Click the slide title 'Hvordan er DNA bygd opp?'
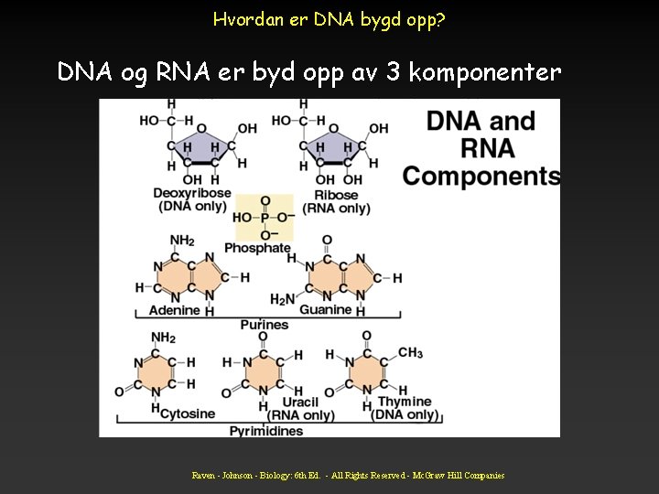tap(329, 18)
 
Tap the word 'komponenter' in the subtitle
tap(484, 71)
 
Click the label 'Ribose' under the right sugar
tap(329, 194)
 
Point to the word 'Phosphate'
tap(257, 248)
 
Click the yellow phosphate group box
tap(265, 218)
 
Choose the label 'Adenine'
tap(174, 310)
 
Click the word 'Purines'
tap(264, 324)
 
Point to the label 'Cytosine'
tap(188, 413)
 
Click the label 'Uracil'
tap(300, 402)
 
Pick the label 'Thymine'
tap(404, 402)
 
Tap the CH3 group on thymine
tap(409, 353)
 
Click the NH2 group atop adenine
tap(182, 241)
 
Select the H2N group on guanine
tap(283, 299)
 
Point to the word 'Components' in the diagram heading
tap(481, 176)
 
